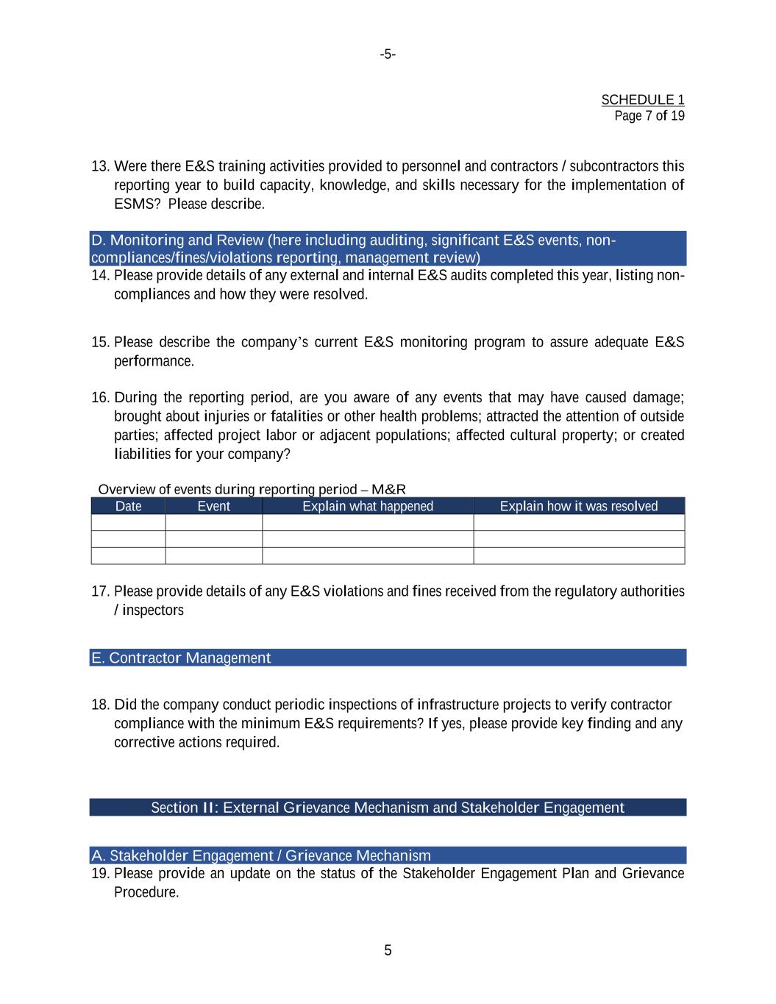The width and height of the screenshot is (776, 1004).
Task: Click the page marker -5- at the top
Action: click(388, 54)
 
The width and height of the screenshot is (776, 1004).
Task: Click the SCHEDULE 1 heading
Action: click(642, 99)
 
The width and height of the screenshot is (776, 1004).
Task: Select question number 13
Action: click(100, 166)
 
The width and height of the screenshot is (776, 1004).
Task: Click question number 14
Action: click(100, 276)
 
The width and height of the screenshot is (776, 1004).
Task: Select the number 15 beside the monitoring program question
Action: click(100, 342)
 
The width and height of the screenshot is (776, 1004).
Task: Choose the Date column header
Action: click(128, 506)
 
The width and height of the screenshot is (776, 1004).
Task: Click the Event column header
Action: click(213, 506)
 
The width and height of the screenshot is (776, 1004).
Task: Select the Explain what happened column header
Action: click(368, 506)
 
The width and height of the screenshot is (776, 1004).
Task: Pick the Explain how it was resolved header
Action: click(578, 506)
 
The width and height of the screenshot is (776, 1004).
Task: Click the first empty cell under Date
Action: click(128, 522)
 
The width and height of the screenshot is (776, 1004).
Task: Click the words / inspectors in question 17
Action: click(149, 610)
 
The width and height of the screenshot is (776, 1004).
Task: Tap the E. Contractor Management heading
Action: click(181, 658)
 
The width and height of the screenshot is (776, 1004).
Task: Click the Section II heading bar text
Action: click(388, 808)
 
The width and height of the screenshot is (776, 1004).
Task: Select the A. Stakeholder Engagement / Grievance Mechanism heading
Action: click(261, 855)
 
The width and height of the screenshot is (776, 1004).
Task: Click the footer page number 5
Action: click(388, 950)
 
